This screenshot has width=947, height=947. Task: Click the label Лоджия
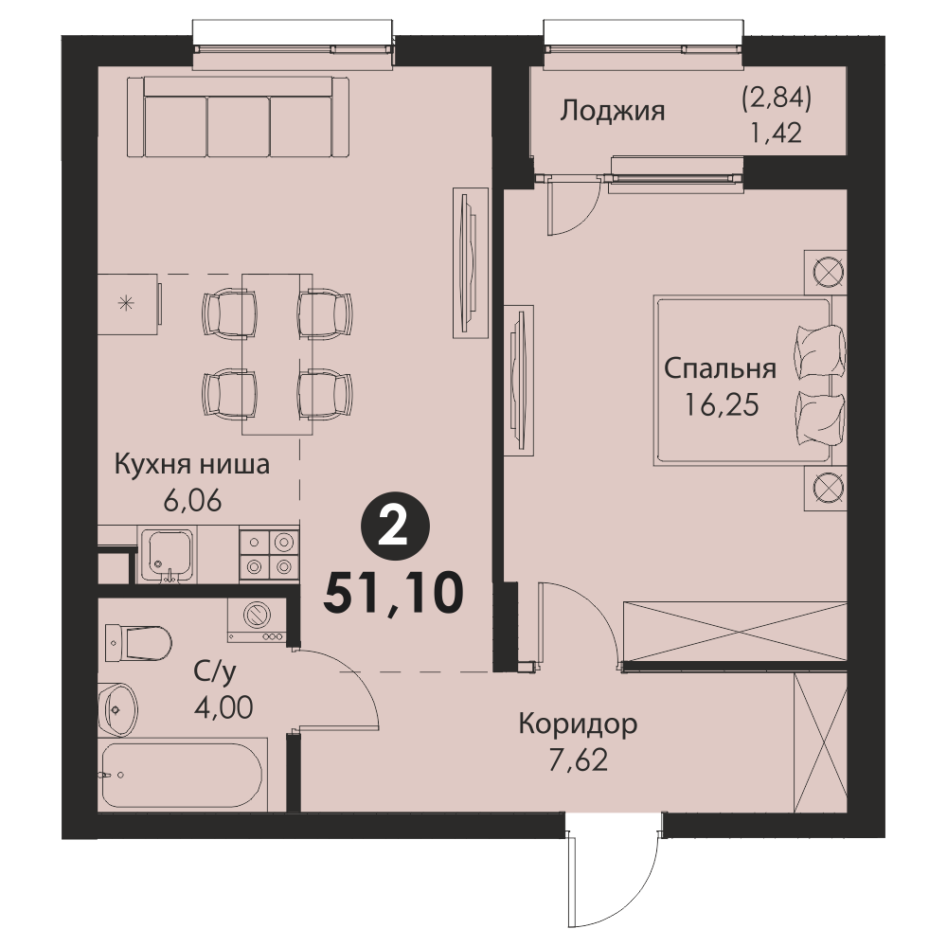613,112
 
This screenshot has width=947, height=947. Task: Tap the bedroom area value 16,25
721,405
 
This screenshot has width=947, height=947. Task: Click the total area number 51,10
394,593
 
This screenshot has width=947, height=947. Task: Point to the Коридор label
578,724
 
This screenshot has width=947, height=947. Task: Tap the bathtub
183,775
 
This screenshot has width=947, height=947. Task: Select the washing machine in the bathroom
257,619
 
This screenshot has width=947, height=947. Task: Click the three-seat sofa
238,117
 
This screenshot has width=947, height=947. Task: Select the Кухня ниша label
192,466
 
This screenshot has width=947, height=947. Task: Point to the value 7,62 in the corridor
578,760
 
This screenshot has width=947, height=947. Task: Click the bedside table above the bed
825,273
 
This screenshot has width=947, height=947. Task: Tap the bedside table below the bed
825,488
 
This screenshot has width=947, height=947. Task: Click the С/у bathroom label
214,671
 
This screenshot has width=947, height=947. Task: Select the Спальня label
720,368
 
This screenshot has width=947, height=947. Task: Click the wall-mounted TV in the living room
471,262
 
